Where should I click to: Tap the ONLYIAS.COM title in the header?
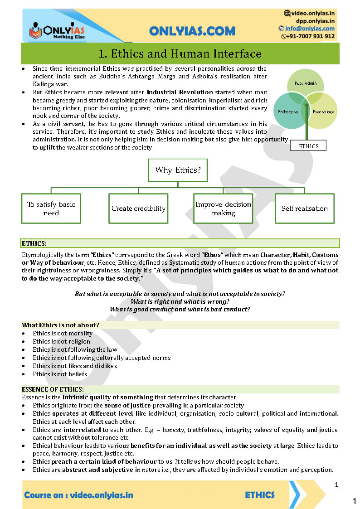192,31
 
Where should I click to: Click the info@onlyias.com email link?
310,28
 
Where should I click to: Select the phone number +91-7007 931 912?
311,36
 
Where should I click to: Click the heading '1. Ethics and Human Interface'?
180,54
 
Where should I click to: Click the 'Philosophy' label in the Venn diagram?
288,111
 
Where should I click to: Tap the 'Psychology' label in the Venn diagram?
323,111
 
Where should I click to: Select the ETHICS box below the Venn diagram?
308,146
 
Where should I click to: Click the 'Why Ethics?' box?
178,170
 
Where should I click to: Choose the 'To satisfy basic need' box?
51,208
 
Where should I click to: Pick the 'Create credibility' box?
138,208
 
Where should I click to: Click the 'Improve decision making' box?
223,208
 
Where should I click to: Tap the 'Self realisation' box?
304,208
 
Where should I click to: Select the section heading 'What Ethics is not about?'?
60,325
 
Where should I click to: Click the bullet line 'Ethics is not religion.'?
62,341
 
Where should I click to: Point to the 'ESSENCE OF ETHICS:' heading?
53,389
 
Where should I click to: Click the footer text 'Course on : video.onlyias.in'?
78,495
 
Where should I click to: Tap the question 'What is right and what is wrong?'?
180,301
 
